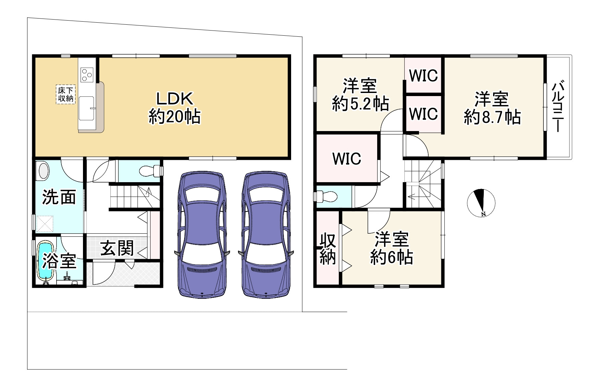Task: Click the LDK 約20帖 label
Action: coord(175,107)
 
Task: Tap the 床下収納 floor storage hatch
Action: coord(65,94)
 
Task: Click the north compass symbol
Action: coord(481,203)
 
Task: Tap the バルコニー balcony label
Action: coord(558,106)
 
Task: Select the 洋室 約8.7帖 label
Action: coord(492,108)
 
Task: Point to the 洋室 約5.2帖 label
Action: coord(360,94)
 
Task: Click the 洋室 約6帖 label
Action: coord(392,248)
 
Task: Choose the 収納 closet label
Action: coord(328,249)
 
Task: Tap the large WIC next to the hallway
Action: coord(347,159)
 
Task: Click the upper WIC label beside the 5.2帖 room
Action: coord(423,75)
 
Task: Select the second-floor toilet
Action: coord(326,197)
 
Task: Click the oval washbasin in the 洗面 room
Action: coord(44,171)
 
